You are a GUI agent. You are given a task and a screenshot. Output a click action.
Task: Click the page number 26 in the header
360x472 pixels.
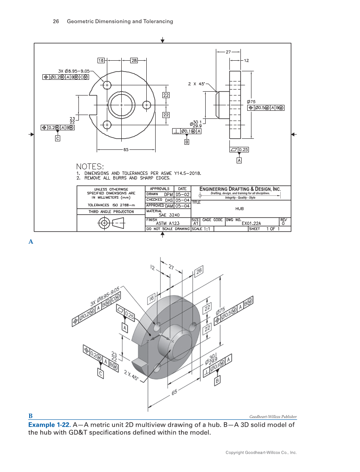tap(55, 22)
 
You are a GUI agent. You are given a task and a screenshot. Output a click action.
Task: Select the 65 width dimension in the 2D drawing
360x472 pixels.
tap(126, 150)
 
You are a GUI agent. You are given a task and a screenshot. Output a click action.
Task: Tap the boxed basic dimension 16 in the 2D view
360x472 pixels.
tap(101, 61)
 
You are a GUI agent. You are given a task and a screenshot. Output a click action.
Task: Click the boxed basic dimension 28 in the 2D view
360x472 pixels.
tap(134, 61)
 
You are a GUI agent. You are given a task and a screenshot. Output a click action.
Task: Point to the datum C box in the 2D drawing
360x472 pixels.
tap(58, 138)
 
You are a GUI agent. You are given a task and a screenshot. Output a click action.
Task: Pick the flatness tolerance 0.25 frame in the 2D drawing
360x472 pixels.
tap(239, 150)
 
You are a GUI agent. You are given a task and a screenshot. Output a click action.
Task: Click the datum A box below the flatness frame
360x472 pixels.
tap(239, 161)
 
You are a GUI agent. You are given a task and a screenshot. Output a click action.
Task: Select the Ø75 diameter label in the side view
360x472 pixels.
tap(251, 102)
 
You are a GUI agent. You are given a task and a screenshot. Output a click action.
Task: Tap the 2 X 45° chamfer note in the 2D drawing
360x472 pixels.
tap(197, 84)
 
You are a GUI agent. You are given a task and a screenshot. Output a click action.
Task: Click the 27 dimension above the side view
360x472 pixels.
tap(228, 52)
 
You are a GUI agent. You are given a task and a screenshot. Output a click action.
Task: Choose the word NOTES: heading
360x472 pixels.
tap(90, 166)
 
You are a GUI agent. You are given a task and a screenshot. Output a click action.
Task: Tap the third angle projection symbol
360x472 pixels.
tap(111, 222)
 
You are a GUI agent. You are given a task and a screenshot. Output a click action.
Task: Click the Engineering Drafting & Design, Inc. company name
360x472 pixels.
tap(240, 189)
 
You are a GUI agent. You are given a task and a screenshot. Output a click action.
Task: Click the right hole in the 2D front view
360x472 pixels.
tap(147, 104)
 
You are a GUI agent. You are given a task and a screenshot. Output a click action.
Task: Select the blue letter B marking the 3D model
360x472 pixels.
tap(31, 416)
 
